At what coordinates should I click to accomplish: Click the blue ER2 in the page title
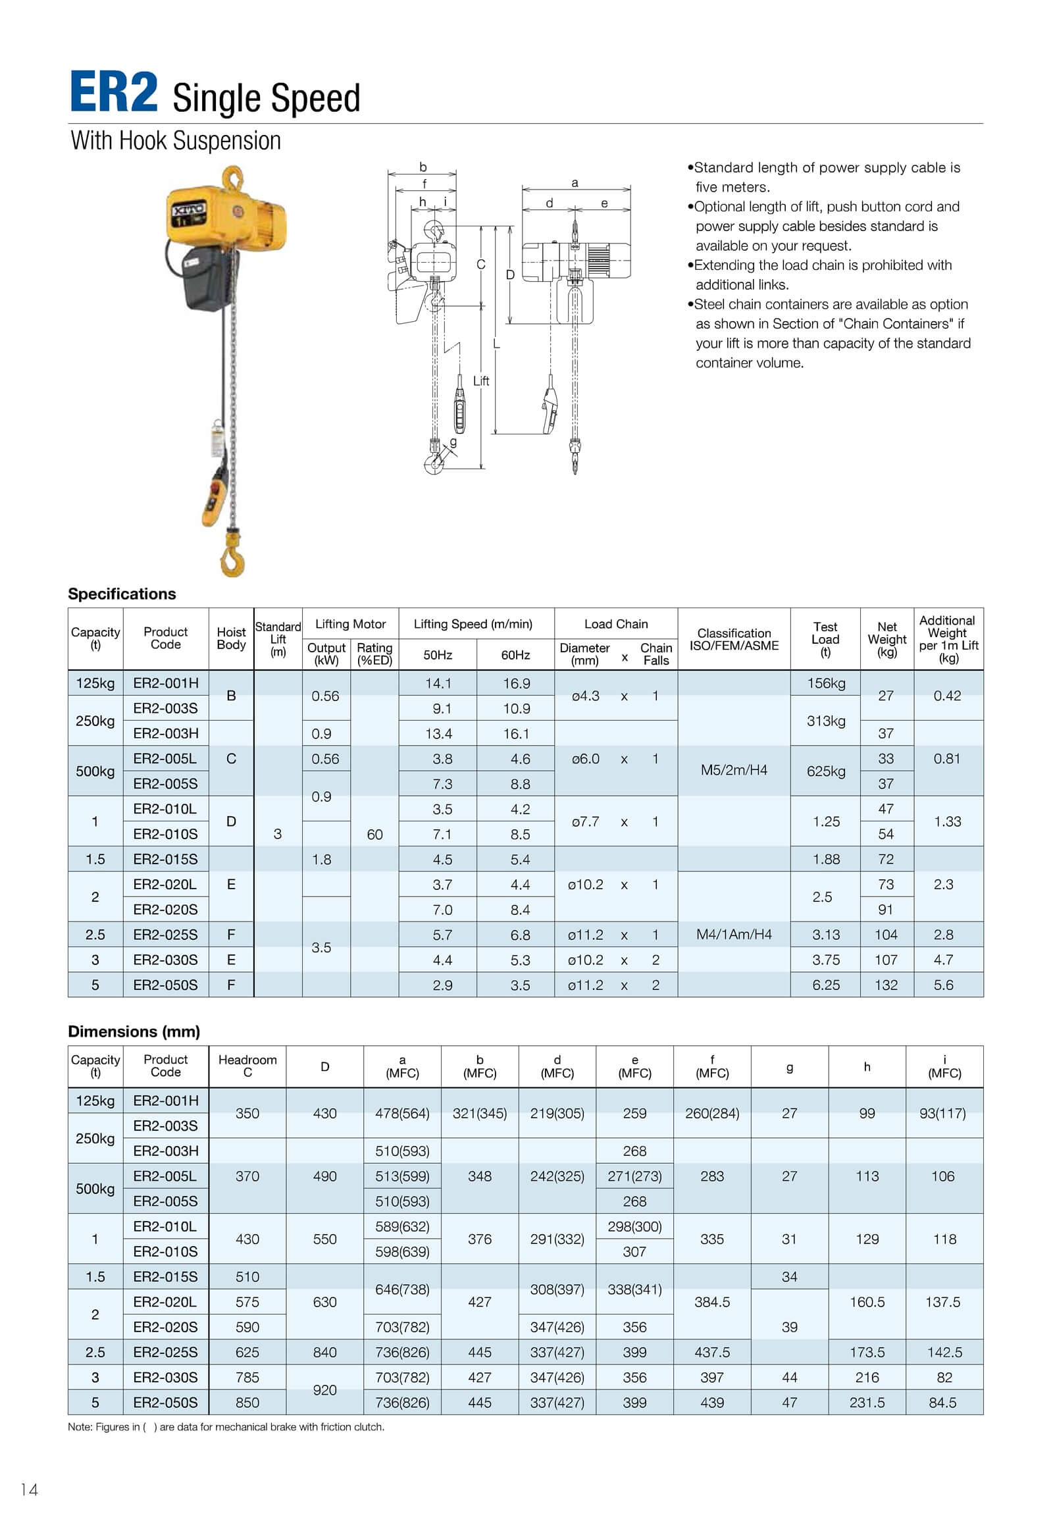(x=113, y=93)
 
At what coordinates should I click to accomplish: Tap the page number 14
(x=29, y=1490)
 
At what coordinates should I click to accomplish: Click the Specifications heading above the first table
(x=122, y=594)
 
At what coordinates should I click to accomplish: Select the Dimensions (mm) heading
(x=134, y=1031)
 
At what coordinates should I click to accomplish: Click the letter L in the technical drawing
(x=496, y=344)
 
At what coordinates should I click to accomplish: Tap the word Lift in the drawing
(x=481, y=380)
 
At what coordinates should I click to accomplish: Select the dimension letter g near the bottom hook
(x=453, y=442)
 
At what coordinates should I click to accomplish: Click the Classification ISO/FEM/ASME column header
(x=734, y=639)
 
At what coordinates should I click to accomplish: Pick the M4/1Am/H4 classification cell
(x=734, y=935)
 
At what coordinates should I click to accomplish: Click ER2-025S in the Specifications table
(x=166, y=935)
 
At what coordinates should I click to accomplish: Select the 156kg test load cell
(x=825, y=683)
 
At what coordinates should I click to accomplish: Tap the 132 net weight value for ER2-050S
(x=886, y=985)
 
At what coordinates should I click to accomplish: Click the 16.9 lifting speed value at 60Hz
(x=516, y=683)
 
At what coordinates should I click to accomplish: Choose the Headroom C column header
(x=247, y=1066)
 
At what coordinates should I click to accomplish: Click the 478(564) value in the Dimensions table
(x=402, y=1113)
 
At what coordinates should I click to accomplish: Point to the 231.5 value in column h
(x=867, y=1403)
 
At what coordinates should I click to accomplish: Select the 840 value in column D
(x=324, y=1352)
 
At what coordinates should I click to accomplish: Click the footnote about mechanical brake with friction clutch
(x=226, y=1427)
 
